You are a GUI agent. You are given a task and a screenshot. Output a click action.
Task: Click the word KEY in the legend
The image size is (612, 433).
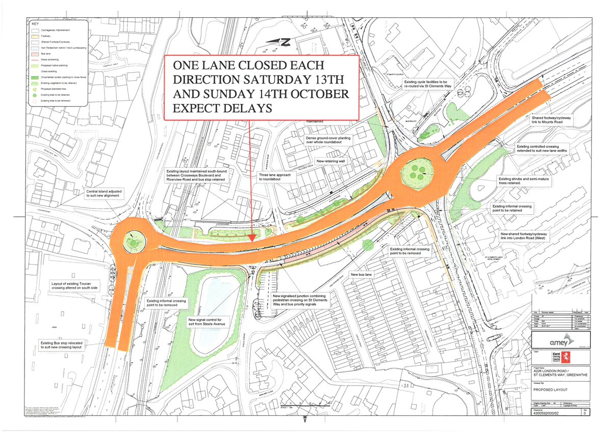point(35,23)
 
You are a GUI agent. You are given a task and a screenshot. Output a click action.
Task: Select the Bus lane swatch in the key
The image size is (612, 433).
point(34,53)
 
